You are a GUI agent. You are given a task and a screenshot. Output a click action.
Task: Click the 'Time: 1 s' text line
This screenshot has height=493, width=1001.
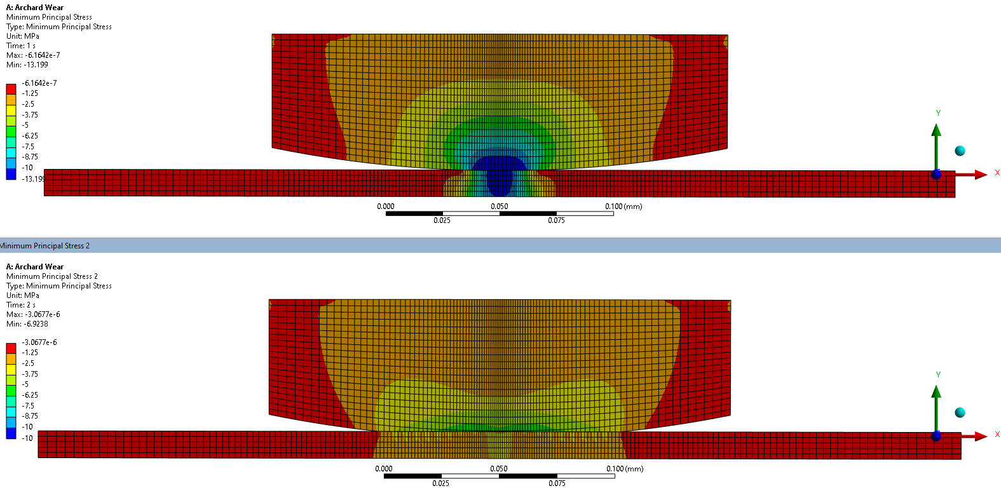point(21,46)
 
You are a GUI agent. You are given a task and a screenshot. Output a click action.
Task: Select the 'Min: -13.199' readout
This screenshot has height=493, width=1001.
point(27,65)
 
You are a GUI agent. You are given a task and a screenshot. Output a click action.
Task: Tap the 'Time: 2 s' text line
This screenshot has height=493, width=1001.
point(21,305)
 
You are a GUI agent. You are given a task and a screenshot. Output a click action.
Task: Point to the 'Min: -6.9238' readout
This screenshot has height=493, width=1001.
point(27,324)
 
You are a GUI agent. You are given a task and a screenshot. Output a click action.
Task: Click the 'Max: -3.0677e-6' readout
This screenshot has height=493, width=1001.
point(33,314)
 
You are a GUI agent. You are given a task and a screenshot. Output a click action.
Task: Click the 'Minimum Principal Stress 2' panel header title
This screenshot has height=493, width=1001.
point(44,246)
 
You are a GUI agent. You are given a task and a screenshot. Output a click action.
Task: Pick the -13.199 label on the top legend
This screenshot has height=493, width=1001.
point(34,179)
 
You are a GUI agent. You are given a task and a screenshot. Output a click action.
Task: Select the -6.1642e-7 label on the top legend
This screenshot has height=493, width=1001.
point(39,83)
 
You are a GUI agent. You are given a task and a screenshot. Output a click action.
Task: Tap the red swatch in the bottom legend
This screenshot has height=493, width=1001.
point(11,348)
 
